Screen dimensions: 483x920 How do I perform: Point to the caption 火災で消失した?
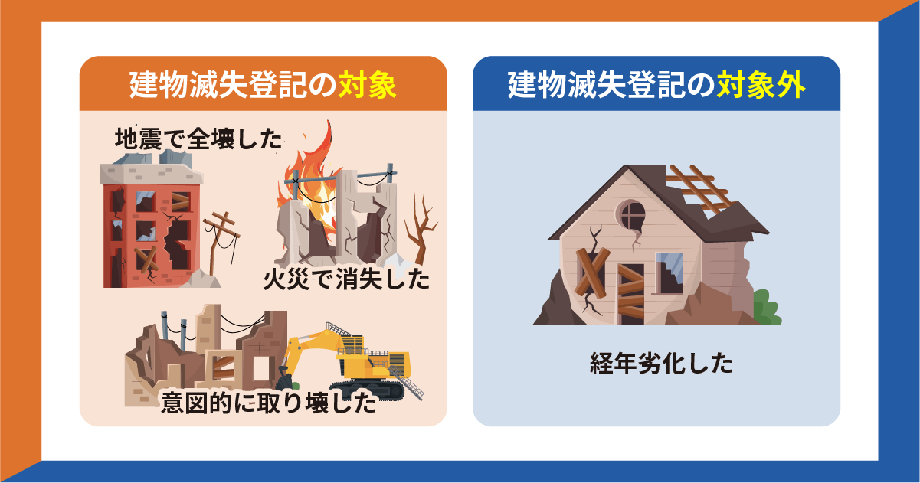[x=345, y=279]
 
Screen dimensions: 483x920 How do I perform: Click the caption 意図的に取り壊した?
[x=268, y=403]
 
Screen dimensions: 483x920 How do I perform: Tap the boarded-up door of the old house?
[x=632, y=291]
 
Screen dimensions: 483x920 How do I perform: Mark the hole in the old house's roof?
[x=697, y=188]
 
